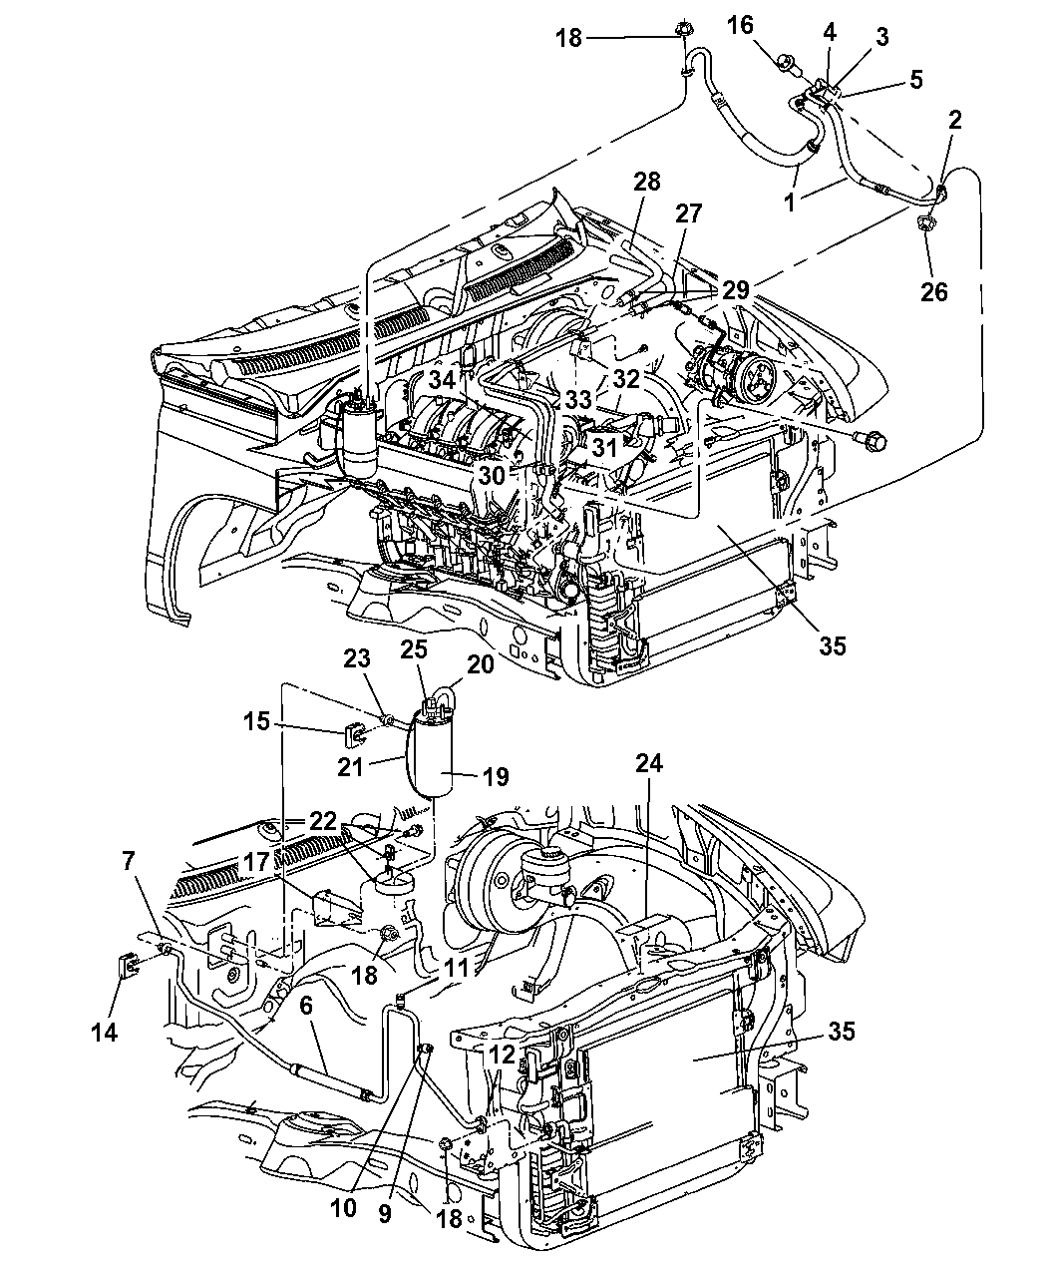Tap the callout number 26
[x=933, y=292]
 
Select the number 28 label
[x=646, y=182]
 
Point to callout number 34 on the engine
[x=442, y=379]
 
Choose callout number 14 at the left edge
[x=105, y=1033]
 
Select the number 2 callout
[x=955, y=121]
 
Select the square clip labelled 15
[x=354, y=736]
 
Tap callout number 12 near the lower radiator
[x=502, y=1054]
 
